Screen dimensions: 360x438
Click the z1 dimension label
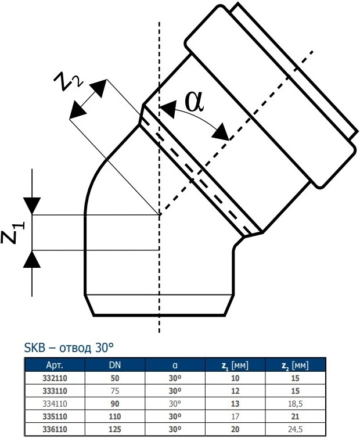pos(13,233)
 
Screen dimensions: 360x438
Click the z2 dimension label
pos(68,80)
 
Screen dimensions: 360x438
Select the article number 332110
pos(55,378)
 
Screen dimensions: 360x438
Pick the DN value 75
pos(115,391)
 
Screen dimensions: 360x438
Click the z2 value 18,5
pos(295,404)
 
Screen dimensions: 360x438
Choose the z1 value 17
pos(235,417)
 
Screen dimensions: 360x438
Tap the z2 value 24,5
pos(295,429)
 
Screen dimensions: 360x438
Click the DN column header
pos(115,365)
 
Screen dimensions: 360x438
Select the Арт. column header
pos(55,365)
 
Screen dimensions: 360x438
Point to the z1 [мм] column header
pos(235,365)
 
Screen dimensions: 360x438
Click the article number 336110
pos(55,429)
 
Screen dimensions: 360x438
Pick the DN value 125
pos(115,429)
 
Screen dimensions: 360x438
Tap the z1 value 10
pos(235,378)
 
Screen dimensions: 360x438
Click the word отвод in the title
pos(75,348)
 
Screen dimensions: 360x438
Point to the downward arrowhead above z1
pos(32,206)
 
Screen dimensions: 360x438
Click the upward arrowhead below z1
pos(32,259)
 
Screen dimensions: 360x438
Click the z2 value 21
pos(295,417)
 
